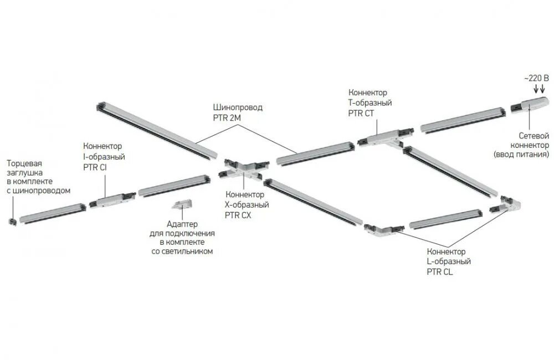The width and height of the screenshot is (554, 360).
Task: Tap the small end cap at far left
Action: (x=11, y=222)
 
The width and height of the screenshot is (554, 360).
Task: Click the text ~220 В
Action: (x=536, y=79)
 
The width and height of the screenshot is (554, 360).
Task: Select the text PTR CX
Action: (x=238, y=215)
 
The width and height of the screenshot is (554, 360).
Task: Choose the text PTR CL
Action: (x=440, y=272)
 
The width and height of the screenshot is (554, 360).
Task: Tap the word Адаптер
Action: (x=182, y=224)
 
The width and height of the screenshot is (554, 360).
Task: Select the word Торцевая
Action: (x=24, y=163)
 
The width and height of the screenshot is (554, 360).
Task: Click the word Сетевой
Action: (x=533, y=136)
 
